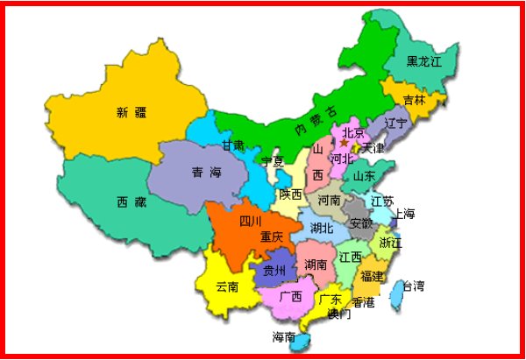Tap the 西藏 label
pyautogui.click(x=132, y=201)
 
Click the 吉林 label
pyautogui.click(x=414, y=100)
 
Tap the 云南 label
pyautogui.click(x=227, y=286)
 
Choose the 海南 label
pyautogui.click(x=284, y=337)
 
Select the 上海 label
pyautogui.click(x=404, y=214)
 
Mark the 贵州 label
pyautogui.click(x=274, y=271)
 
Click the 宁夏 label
pyautogui.click(x=273, y=161)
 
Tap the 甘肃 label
pyautogui.click(x=233, y=145)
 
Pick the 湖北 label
pyautogui.click(x=322, y=228)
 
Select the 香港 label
pyautogui.click(x=362, y=302)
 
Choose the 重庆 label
pyautogui.click(x=272, y=236)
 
